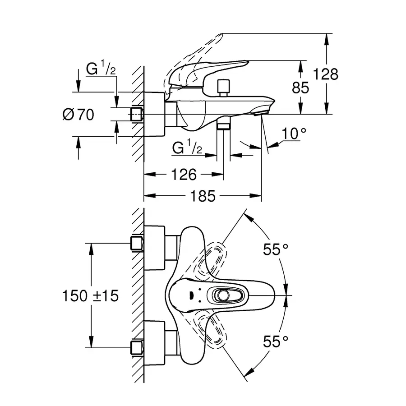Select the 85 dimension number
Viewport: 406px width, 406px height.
tap(301, 88)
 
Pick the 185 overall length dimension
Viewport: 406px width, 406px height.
tap(203, 196)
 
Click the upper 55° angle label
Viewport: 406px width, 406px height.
tap(276, 249)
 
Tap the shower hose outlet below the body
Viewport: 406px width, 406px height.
tap(224, 125)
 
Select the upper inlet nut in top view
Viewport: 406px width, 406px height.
tap(137, 244)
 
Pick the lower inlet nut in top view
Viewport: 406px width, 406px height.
tap(137, 347)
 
